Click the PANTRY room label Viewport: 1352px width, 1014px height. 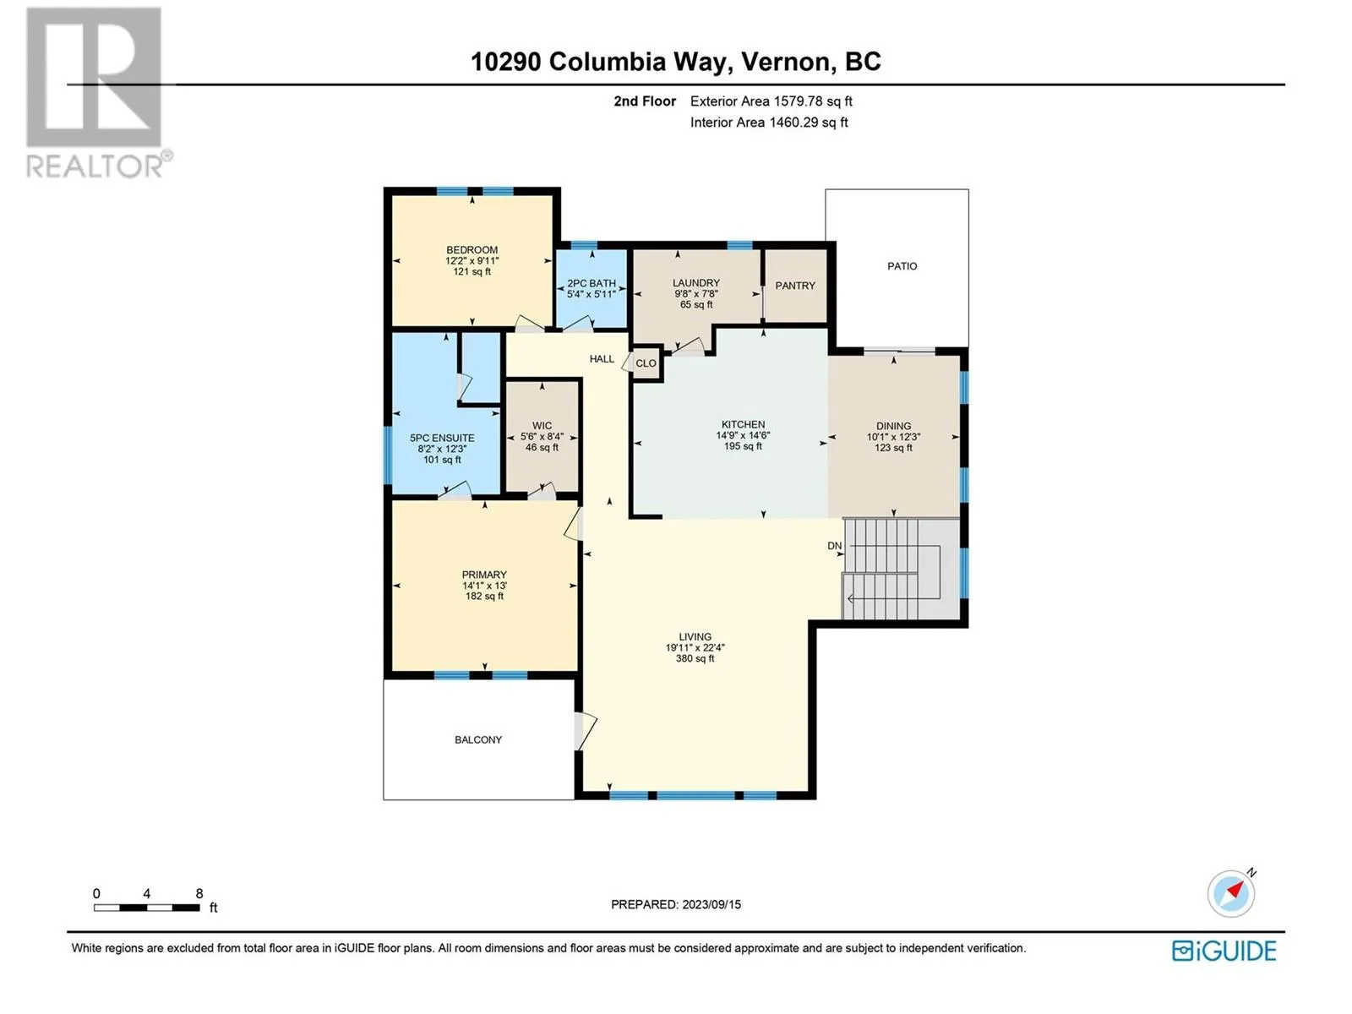[x=794, y=286]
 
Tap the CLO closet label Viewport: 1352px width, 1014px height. [x=646, y=363]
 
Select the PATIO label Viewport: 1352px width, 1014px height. [x=902, y=266]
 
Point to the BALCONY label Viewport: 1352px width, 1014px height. [x=478, y=739]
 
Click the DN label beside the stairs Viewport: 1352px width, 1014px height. [x=834, y=546]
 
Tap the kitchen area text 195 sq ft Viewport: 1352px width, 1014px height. [x=743, y=446]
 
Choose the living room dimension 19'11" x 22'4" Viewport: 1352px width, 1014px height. [x=695, y=647]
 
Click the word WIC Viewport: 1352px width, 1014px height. [x=542, y=425]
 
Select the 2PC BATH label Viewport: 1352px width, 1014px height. [x=591, y=283]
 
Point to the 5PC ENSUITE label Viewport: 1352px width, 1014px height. [x=442, y=438]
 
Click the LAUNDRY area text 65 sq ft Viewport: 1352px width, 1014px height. [x=696, y=304]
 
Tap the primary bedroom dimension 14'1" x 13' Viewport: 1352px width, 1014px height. [x=484, y=586]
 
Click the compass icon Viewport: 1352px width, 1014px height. [x=1230, y=893]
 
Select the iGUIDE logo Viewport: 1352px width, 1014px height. [x=1224, y=951]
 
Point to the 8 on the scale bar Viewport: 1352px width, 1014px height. [x=199, y=893]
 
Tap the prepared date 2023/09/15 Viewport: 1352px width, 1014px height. [x=711, y=904]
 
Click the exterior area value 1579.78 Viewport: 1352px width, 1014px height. [x=798, y=101]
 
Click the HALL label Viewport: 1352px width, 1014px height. [x=602, y=359]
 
